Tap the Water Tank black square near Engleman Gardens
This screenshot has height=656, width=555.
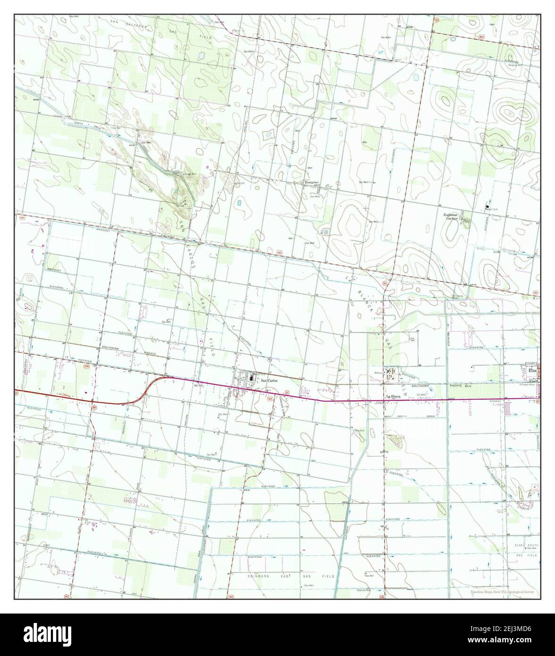click(488, 207)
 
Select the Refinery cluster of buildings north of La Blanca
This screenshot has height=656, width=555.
click(391, 373)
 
